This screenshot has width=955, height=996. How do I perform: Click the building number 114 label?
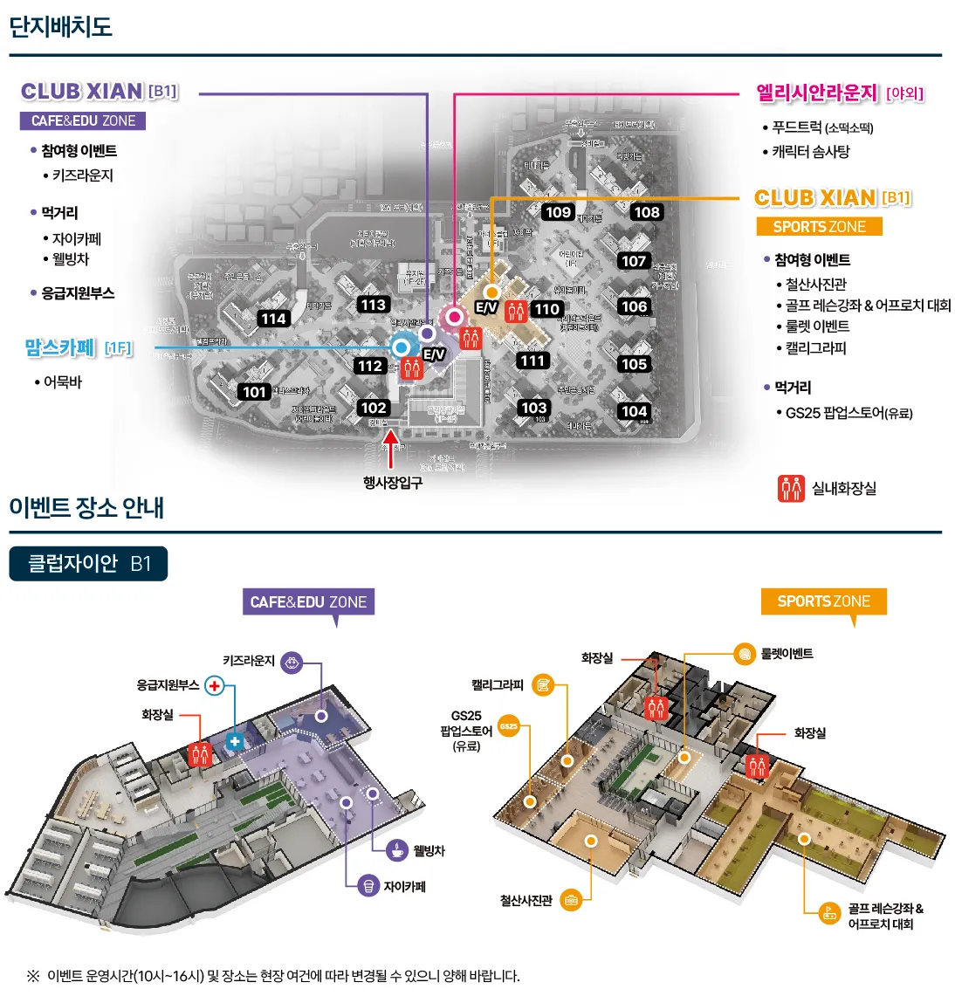[x=273, y=319]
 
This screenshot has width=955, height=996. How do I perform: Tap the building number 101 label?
[x=255, y=392]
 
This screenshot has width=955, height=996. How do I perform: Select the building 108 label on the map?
[x=647, y=212]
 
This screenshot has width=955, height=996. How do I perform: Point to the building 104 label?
[x=634, y=411]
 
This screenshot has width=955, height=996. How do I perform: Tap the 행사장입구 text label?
[x=393, y=483]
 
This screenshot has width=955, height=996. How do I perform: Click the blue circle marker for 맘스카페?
[x=402, y=347]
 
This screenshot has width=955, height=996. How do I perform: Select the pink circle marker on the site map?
[x=454, y=316]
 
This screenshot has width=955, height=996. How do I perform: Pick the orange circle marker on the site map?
[x=491, y=292]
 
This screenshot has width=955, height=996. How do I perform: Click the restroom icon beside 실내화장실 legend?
[x=791, y=488]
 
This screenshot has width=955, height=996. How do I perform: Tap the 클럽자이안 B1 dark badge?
[x=88, y=563]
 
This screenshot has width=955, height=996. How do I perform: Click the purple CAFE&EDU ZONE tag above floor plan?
[x=308, y=601]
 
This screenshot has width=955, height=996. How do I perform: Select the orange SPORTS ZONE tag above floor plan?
[x=823, y=601]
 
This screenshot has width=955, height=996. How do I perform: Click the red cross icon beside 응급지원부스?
[x=214, y=686]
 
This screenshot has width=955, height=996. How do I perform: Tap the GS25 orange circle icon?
[x=509, y=725]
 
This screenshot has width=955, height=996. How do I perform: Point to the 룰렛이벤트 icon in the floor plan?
[x=744, y=653]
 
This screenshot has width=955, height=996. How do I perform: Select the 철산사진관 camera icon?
[x=571, y=899]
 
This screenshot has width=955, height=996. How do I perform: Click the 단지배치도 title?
[x=60, y=26]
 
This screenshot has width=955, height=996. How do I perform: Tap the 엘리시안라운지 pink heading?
[x=817, y=93]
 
